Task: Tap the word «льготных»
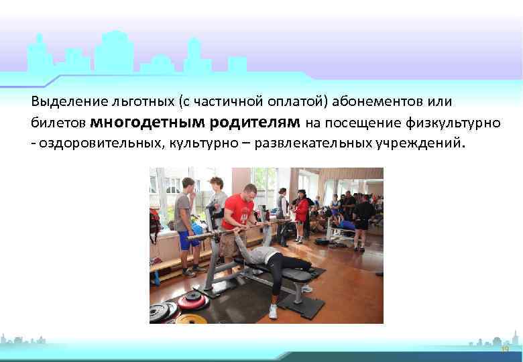point(135,102)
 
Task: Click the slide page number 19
point(505,350)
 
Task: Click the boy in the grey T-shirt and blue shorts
point(186,221)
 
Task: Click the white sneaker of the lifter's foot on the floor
point(273,311)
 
